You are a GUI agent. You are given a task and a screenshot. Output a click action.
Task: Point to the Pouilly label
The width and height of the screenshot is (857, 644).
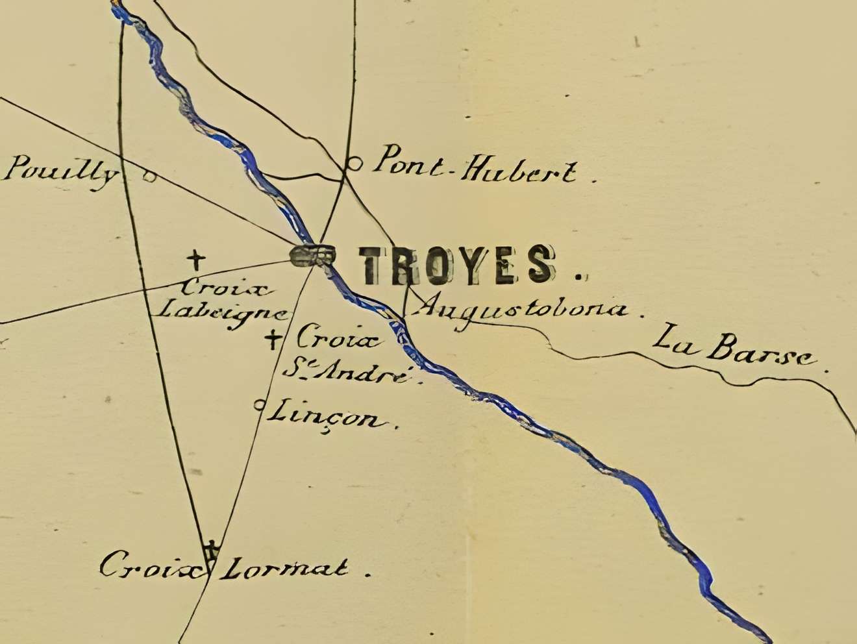coord(62,172)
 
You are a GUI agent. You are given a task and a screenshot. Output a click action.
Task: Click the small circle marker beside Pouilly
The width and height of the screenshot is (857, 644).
coord(149,175)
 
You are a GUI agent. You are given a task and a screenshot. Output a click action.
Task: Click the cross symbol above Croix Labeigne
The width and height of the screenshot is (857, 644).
coord(195,260)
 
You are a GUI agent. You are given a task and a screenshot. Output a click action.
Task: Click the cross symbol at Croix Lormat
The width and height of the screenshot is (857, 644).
coord(210,549)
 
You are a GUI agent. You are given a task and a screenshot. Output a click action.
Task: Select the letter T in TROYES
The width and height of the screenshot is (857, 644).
coord(379,265)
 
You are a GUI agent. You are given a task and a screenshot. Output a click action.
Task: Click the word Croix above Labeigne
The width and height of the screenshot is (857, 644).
coord(217,286)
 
